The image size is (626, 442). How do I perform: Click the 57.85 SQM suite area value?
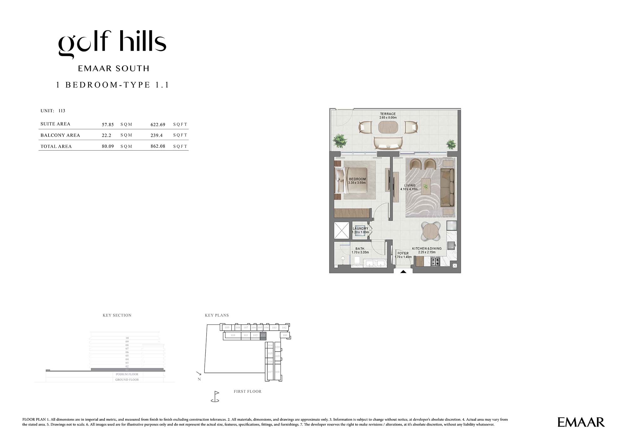108,124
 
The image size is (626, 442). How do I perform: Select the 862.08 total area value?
158,146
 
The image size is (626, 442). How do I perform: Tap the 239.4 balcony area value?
156,135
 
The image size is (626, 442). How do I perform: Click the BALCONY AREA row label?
60,135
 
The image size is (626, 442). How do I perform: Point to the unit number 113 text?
62,111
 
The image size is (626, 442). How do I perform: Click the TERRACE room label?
388,114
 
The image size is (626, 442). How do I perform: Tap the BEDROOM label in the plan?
357,179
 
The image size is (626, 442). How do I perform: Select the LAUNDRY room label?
360,229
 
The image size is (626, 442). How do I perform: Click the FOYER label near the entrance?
403,253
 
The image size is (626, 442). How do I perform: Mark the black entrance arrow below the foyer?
403,272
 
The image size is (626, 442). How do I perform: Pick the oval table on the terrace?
388,127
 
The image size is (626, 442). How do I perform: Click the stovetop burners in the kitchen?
435,261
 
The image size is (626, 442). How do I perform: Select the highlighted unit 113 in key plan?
263,335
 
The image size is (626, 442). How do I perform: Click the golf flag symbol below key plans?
215,396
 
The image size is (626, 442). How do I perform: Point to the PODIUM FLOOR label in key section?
127,374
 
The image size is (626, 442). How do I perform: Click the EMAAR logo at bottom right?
581,422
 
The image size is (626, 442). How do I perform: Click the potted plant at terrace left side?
340,140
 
